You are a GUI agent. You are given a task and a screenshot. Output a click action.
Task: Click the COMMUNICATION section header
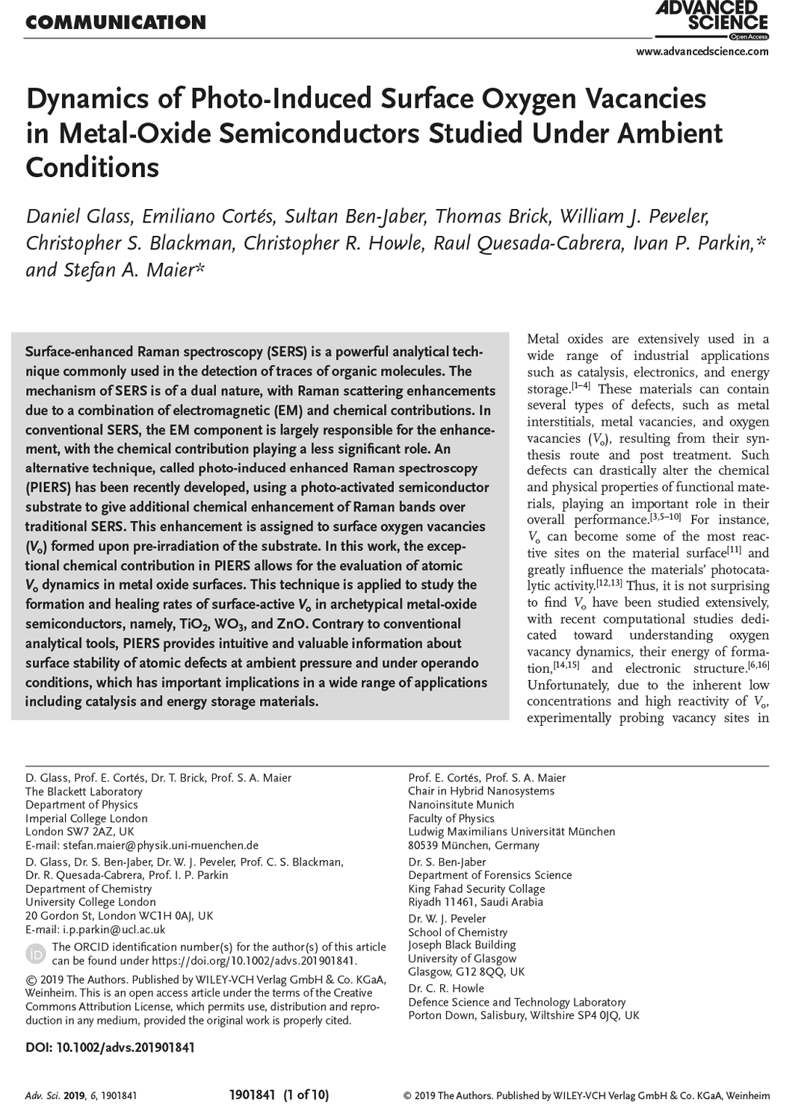click(116, 22)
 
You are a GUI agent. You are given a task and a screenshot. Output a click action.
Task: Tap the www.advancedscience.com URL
click(702, 52)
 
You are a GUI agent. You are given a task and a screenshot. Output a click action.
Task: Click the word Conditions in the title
click(92, 167)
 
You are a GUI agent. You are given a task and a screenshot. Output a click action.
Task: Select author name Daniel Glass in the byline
click(80, 217)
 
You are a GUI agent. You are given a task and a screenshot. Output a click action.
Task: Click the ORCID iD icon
click(36, 953)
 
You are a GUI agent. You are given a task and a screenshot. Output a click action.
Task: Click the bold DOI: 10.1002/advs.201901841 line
click(110, 1048)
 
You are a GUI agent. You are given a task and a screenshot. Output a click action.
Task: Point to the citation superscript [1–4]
click(581, 385)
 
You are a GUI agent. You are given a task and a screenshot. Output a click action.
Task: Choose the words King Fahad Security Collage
click(477, 888)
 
